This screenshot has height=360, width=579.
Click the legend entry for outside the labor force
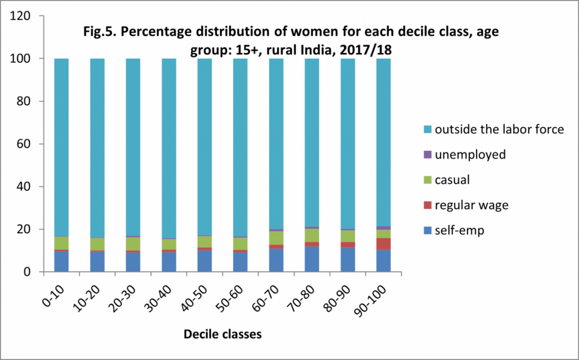(x=499, y=129)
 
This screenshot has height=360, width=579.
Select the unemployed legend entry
(x=470, y=154)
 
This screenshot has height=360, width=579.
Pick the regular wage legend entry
(x=472, y=205)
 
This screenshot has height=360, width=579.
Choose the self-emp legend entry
(x=459, y=231)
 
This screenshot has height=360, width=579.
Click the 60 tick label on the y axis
(x=25, y=144)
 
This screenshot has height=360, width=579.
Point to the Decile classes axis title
(x=222, y=334)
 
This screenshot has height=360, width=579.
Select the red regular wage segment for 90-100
(x=383, y=244)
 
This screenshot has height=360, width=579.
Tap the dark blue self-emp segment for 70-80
(x=312, y=259)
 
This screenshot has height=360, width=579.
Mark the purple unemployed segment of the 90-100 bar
(x=383, y=228)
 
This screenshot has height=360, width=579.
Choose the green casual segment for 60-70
(x=276, y=238)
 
